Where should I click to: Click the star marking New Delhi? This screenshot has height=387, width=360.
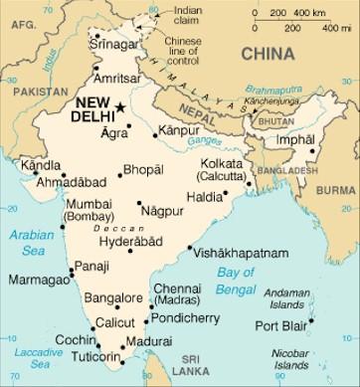[120, 106]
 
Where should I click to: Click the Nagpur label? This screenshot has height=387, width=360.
[163, 212]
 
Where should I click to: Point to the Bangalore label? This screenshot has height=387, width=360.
[113, 297]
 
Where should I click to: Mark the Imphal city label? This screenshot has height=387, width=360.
[295, 139]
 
